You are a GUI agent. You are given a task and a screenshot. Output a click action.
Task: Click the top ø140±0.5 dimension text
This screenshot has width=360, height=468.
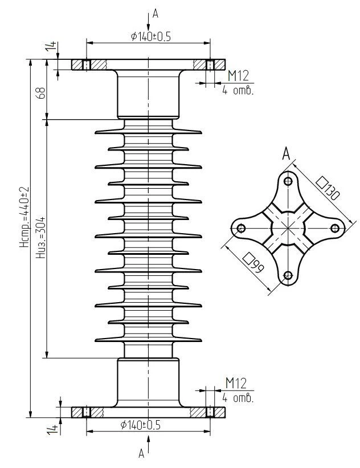point(150,36)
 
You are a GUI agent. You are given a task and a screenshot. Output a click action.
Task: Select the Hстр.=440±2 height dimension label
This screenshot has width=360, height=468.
point(24,217)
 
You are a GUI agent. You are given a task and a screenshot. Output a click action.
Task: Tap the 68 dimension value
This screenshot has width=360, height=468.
point(40,93)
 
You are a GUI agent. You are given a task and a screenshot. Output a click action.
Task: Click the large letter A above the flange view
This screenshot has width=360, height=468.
point(287,153)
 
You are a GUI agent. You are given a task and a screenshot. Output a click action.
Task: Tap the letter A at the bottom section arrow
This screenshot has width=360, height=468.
point(141,454)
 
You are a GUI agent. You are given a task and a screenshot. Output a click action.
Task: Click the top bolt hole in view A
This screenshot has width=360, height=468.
point(288,181)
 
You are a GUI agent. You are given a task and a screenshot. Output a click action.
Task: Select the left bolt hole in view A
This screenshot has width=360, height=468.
point(241,229)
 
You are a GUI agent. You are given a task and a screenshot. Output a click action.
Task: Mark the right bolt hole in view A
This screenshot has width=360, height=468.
point(335,229)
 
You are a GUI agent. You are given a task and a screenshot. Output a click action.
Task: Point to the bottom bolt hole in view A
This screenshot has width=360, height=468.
point(288,276)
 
